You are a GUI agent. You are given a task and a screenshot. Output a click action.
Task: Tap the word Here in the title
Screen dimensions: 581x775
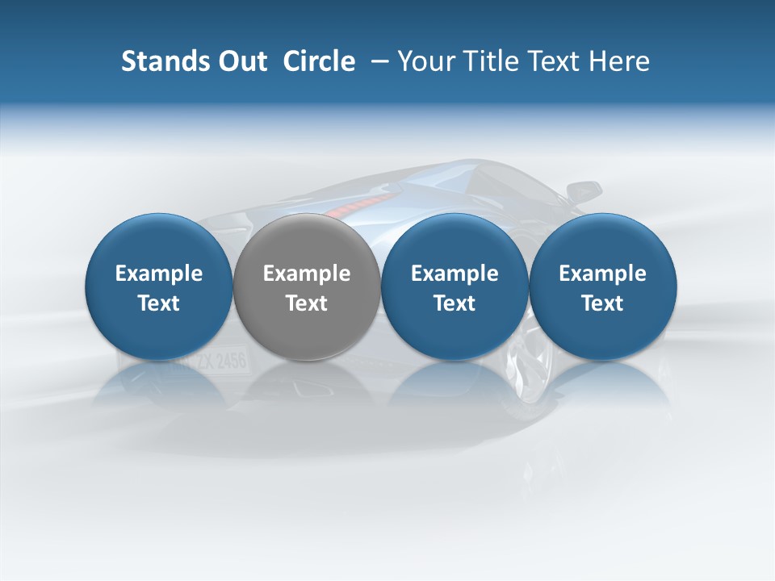click(x=619, y=61)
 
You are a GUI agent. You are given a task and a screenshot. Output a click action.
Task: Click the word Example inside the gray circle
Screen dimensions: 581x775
click(x=307, y=274)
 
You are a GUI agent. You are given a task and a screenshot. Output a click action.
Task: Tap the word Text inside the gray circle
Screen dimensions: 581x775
click(x=307, y=303)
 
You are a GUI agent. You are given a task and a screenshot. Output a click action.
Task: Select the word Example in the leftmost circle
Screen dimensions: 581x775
click(x=159, y=274)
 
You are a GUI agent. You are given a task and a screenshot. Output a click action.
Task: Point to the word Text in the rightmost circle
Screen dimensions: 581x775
click(x=602, y=303)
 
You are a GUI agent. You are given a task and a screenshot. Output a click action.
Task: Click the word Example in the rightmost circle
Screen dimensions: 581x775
click(x=602, y=274)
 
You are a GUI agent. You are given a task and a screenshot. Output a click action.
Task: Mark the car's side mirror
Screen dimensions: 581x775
click(x=584, y=191)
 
